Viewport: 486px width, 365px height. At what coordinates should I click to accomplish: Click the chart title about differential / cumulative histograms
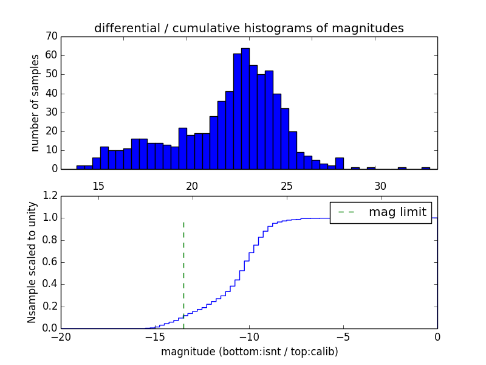[248, 28]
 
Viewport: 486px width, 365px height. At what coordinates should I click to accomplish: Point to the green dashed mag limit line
[183, 274]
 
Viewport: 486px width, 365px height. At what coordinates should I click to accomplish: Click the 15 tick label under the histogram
[98, 186]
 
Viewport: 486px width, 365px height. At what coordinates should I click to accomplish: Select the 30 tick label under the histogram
[380, 186]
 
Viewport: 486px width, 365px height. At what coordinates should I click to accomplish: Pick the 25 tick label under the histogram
[286, 186]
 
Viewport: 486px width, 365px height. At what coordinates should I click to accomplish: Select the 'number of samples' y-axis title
[35, 103]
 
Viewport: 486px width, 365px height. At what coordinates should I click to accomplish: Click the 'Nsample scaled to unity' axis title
[32, 262]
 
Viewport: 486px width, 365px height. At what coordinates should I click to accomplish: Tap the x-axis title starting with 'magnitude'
[249, 352]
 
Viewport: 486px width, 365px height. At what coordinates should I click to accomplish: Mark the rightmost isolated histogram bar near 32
[426, 168]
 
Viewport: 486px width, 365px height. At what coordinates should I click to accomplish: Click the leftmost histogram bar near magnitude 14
[80, 167]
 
